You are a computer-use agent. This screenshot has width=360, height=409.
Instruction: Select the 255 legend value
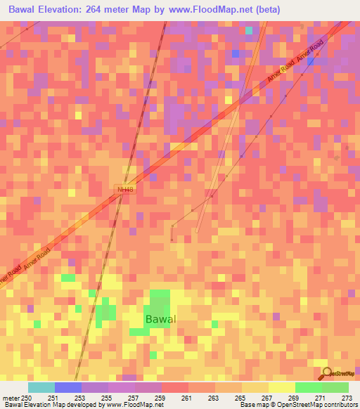coord(108,398)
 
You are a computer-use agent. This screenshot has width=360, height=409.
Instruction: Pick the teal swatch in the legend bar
coord(41,387)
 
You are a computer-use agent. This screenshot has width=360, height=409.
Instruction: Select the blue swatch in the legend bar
coord(67,387)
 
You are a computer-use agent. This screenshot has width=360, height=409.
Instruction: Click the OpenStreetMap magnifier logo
coord(325,373)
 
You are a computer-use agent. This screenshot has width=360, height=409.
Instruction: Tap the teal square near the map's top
coord(249,30)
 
